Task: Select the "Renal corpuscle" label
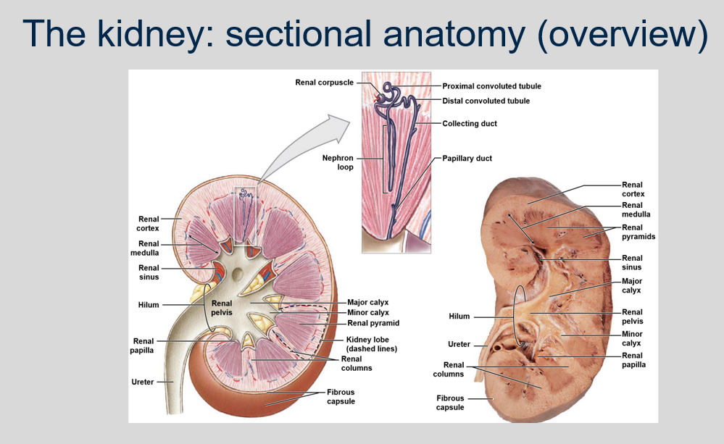pos(324,83)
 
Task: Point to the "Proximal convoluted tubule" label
pos(491,86)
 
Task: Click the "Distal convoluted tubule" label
pos(486,101)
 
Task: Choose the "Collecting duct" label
pos(470,124)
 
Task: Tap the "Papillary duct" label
pos(467,158)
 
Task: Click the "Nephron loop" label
pos(338,162)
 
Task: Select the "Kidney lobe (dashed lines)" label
pos(372,344)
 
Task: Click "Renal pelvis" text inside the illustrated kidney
pos(222,308)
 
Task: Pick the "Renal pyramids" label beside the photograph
pos(632,232)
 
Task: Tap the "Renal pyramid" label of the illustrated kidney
pos(373,323)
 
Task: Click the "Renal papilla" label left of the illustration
pos(143,345)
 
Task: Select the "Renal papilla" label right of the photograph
pos(633,360)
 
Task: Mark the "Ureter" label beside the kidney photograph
pos(459,345)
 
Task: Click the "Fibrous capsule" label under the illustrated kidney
pos(340,397)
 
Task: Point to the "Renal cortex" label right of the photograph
pos(633,189)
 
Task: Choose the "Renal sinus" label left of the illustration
pos(149,272)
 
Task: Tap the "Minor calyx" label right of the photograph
pos(632,338)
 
